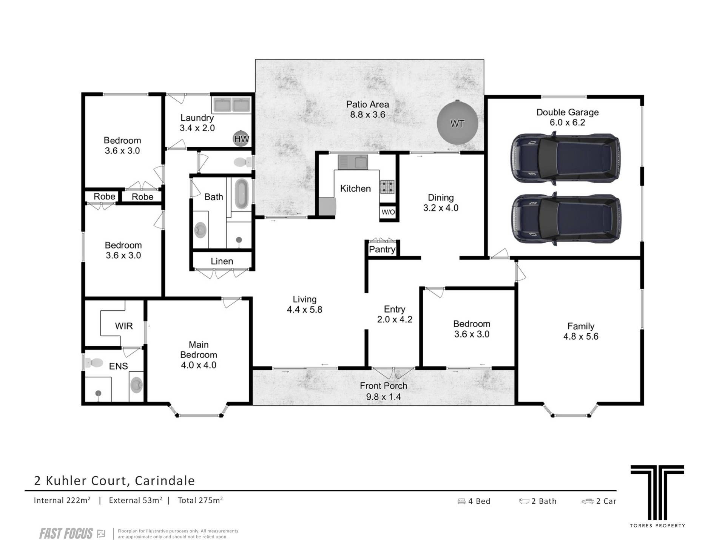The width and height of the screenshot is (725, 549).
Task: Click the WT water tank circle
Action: (x=457, y=123)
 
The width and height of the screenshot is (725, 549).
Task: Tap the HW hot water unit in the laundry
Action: (x=241, y=139)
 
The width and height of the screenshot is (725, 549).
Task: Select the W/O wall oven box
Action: (x=388, y=212)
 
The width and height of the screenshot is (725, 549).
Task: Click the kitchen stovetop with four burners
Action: (x=387, y=186)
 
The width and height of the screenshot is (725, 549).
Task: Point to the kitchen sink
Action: (x=353, y=162)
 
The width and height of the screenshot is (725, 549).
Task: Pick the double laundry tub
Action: (x=231, y=105)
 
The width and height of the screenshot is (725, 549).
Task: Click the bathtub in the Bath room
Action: (x=241, y=194)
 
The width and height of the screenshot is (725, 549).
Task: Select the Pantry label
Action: (x=382, y=249)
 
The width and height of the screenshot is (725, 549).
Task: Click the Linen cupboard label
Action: (x=222, y=261)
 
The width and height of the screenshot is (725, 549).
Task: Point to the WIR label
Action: (x=124, y=326)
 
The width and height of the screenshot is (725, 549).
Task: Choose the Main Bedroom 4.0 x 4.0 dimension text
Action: (x=199, y=365)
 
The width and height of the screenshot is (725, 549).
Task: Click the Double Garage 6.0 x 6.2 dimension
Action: (x=568, y=122)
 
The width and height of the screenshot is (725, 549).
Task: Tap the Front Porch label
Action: (x=383, y=386)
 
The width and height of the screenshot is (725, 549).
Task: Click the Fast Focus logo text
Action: (x=66, y=534)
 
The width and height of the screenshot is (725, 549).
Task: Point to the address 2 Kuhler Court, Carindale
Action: (x=114, y=481)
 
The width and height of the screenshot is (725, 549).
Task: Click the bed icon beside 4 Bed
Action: (x=461, y=501)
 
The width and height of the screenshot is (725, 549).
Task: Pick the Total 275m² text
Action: (x=200, y=500)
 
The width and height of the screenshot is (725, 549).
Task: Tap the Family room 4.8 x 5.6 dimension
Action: (x=581, y=336)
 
